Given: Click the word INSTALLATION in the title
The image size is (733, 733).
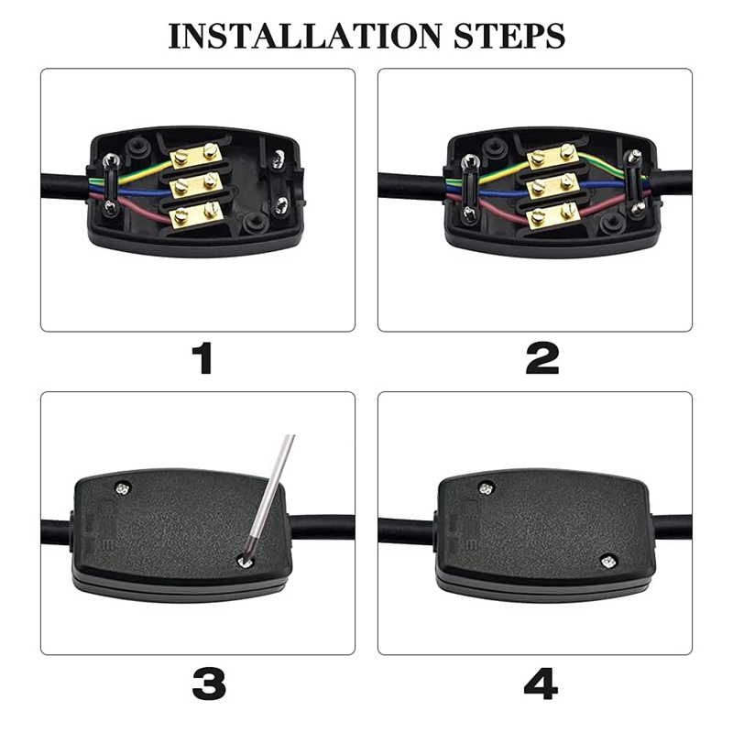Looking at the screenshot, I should (x=303, y=36).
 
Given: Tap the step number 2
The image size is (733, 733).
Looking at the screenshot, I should (x=542, y=358).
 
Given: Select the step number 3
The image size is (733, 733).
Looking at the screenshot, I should (x=210, y=683).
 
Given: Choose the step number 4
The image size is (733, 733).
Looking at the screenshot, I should (x=540, y=683).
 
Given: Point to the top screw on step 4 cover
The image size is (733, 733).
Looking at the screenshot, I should (x=487, y=488).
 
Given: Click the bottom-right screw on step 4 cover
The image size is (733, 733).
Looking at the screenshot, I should (x=606, y=560).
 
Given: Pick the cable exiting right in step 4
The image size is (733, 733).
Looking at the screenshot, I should (x=673, y=527).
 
